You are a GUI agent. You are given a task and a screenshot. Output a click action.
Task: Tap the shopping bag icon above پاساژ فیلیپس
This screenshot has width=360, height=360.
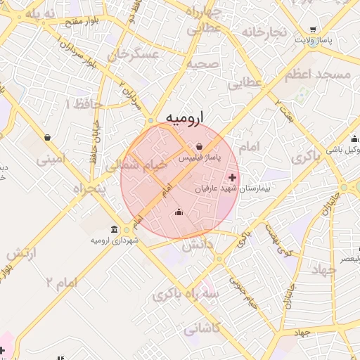(200, 147)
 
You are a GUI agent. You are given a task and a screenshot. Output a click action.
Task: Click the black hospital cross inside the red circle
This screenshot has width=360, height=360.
(233, 176)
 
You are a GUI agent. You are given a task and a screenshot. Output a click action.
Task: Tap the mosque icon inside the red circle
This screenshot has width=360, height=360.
(179, 212)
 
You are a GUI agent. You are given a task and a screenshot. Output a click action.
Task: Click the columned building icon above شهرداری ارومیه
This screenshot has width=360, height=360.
(115, 229)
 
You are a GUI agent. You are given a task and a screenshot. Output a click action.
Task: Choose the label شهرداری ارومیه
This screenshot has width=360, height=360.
(115, 240)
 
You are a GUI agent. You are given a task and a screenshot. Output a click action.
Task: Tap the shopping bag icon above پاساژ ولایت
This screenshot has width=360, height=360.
(311, 30)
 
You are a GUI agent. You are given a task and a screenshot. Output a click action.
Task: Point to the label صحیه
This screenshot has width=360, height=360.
(203, 63)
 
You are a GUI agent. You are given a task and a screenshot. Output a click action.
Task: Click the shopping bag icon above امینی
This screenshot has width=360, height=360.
(47, 137)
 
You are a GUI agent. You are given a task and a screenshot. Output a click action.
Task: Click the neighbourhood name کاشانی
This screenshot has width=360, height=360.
(202, 328)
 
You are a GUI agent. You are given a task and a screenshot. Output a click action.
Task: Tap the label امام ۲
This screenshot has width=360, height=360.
(62, 282)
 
